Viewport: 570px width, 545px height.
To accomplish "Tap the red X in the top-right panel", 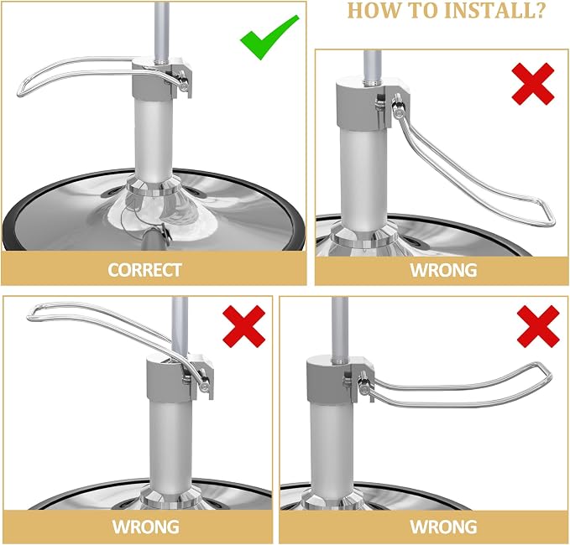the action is point(533,84).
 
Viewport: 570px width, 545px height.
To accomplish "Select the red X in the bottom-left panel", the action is point(244,326).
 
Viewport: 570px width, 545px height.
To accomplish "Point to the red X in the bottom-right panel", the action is point(538,326).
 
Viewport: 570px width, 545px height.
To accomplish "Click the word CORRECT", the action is point(144,270).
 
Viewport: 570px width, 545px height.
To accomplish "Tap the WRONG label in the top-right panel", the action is point(443,270).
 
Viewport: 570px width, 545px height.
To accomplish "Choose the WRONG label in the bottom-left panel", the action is point(145,527).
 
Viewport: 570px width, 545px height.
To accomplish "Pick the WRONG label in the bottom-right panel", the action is point(443,527).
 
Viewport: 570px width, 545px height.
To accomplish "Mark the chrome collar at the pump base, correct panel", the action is point(154,188).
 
